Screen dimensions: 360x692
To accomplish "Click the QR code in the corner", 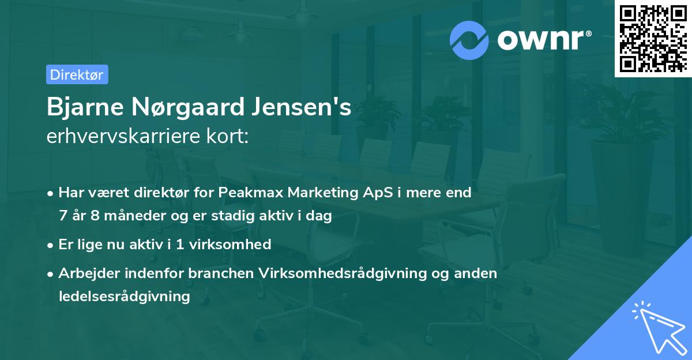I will point(653,38).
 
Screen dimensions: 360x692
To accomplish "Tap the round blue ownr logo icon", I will point(469,40).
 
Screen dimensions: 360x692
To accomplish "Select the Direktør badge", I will point(77,74).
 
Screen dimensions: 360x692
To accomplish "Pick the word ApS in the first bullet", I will point(374,193).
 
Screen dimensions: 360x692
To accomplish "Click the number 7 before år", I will point(62,216).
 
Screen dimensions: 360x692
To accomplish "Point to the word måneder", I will point(131,216).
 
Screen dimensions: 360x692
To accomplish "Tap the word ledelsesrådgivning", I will point(124,297).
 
